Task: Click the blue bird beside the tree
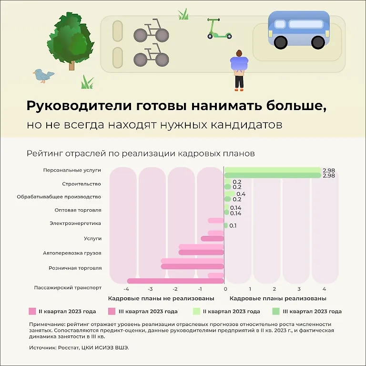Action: point(43,75)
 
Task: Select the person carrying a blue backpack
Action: point(239,70)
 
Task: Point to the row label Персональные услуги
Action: point(72,170)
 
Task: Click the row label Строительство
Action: point(81,183)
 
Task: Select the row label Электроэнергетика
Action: point(75,223)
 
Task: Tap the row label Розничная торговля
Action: point(75,268)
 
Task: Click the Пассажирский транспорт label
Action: point(68,287)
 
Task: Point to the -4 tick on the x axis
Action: point(126,289)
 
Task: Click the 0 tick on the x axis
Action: point(225,289)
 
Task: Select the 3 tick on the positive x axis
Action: point(299,289)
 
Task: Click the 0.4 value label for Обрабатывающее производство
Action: point(241,194)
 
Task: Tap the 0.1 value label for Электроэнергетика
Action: point(233,225)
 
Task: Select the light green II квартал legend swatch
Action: point(196,311)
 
